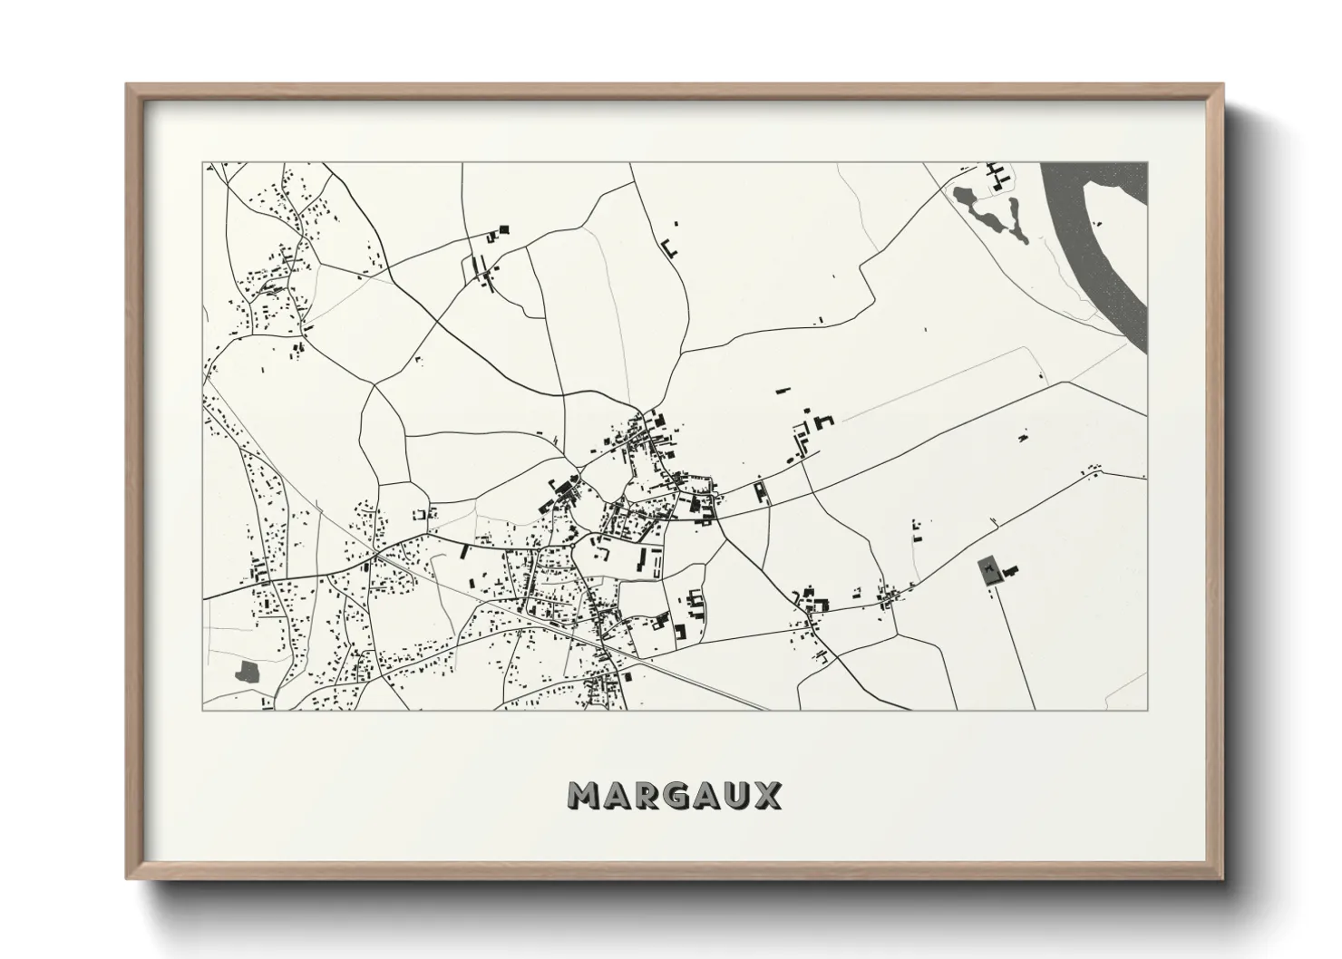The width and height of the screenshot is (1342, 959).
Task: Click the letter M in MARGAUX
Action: [x=585, y=795]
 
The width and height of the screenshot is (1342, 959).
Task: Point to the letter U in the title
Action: [x=735, y=795]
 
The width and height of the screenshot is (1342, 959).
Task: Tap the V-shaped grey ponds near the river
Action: [x=994, y=214]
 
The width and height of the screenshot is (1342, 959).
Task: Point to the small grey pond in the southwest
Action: [x=246, y=673]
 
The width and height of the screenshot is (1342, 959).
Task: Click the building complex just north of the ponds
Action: [x=997, y=174]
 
